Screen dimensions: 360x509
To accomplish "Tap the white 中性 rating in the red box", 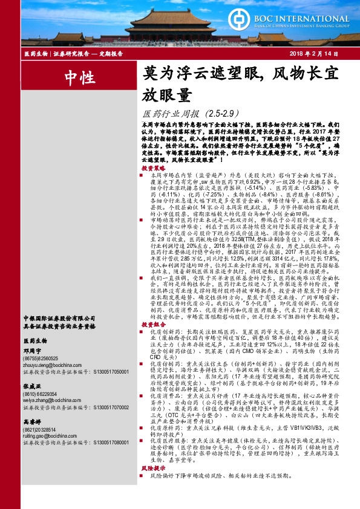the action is tap(79, 77).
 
